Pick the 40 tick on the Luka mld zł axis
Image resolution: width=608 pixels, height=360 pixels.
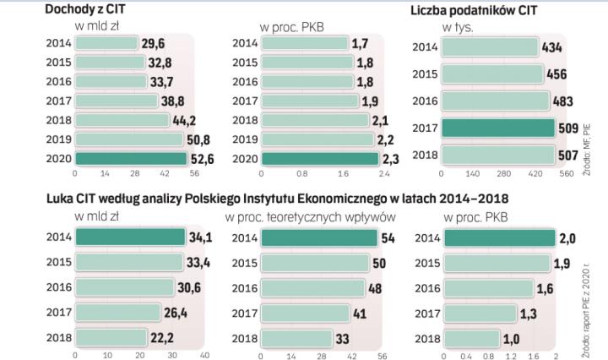point(204,355)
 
